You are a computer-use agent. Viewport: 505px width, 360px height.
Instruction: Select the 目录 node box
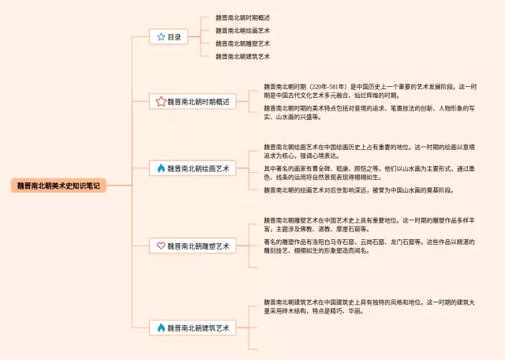coord(171,36)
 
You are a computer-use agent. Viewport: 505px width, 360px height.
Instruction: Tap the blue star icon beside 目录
coord(161,36)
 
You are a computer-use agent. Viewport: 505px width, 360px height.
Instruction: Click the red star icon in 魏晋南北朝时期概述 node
coord(161,102)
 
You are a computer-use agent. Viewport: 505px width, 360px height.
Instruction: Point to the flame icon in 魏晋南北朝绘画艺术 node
coord(161,168)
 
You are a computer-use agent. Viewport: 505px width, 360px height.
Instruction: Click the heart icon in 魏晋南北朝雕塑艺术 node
coord(161,246)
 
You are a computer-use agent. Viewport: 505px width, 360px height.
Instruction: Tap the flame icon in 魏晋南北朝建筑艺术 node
coord(161,327)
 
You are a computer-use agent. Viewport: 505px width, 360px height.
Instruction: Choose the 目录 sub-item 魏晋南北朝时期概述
coord(243,17)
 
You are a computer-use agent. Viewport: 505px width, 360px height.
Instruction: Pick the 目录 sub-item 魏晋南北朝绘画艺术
coord(243,31)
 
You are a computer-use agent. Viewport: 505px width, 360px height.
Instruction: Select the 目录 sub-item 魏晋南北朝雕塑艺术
coord(243,43)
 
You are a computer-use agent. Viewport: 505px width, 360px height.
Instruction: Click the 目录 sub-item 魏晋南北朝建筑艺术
coord(243,57)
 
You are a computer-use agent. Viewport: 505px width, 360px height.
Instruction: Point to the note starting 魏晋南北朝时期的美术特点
coord(371,112)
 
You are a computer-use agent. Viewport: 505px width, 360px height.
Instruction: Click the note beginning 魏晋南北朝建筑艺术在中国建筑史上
coord(371,306)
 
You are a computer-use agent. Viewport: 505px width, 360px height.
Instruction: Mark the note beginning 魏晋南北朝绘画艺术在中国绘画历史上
coord(371,151)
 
